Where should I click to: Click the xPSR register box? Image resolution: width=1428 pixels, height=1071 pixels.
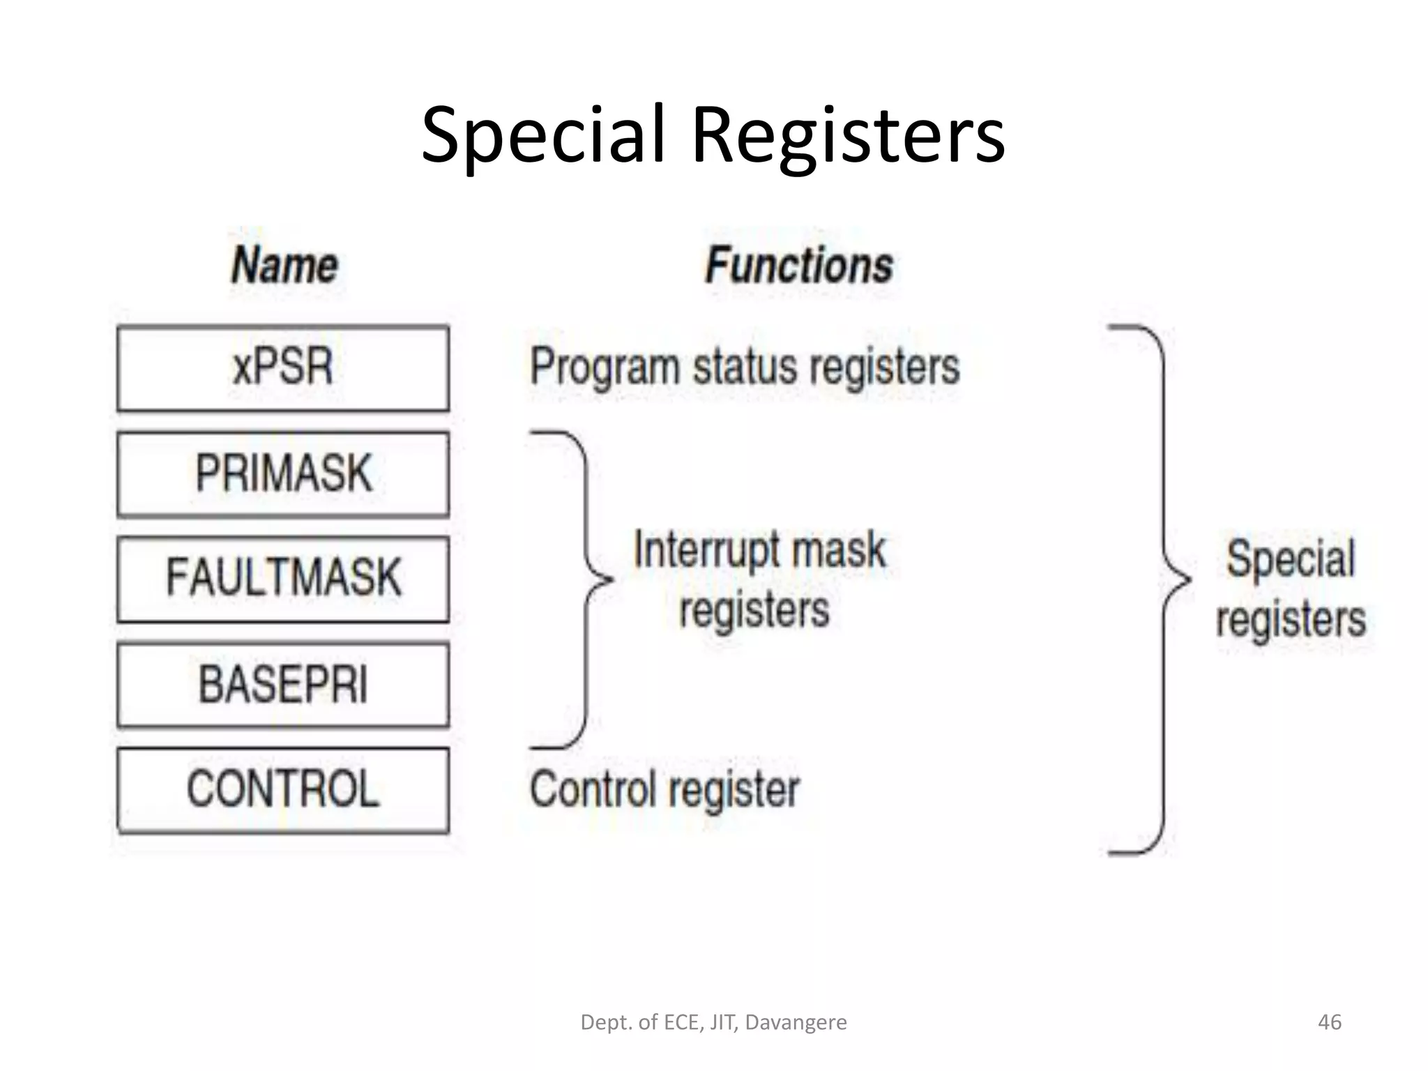(282, 367)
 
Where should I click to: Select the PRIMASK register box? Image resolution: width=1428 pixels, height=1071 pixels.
(282, 473)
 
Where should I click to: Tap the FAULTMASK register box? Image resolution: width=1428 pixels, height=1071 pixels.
(282, 578)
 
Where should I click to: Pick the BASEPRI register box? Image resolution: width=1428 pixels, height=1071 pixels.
(282, 685)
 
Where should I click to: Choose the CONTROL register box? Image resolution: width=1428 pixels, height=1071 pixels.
(282, 790)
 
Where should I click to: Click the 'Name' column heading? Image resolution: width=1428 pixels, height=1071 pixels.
(284, 266)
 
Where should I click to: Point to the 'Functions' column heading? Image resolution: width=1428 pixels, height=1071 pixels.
(799, 266)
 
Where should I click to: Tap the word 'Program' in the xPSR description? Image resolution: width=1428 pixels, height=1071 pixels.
(604, 368)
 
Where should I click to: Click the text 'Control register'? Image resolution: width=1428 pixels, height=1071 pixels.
(664, 790)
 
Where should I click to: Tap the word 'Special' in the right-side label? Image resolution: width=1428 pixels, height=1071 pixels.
(1291, 559)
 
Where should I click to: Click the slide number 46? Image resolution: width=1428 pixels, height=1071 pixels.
(1329, 1022)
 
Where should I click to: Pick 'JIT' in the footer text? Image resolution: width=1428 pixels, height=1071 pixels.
(723, 1022)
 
